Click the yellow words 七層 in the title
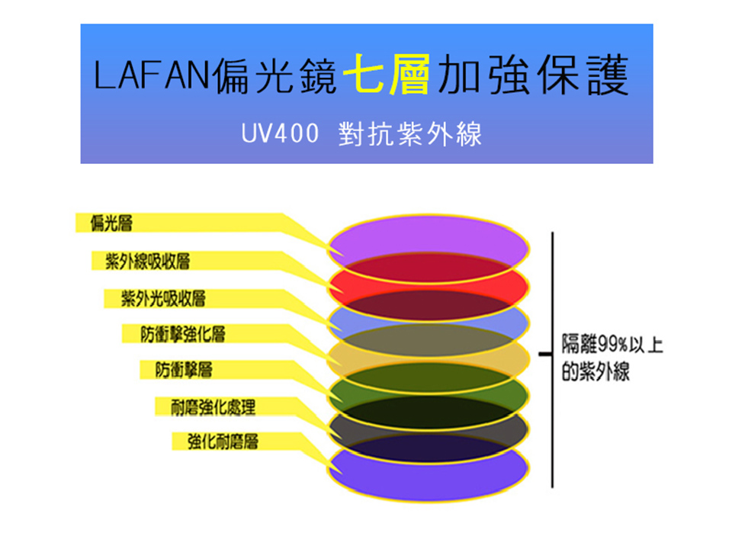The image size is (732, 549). tap(386, 74)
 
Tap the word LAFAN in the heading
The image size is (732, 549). tap(151, 75)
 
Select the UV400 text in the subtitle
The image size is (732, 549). tap(280, 133)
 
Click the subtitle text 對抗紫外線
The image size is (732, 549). tap(410, 134)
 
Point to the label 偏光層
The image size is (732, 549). tap(111, 223)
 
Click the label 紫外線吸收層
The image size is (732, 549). tap(147, 261)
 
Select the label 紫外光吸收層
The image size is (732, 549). tap(163, 298)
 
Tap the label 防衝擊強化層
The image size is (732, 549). tap(183, 334)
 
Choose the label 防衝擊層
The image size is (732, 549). tap(184, 370)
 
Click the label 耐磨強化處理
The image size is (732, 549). tap(213, 407)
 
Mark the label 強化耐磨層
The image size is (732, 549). tap(223, 441)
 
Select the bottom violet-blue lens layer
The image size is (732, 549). tap(428, 479)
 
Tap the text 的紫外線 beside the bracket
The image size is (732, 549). tap(596, 372)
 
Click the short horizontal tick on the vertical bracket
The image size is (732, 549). tap(546, 354)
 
